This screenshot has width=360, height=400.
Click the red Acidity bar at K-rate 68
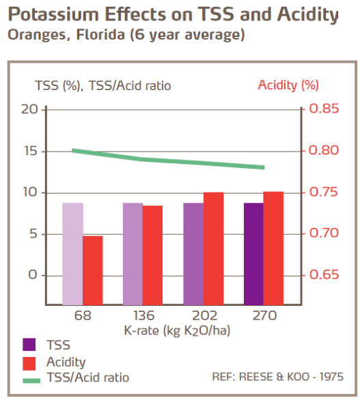coord(92,270)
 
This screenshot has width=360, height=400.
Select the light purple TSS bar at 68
coord(72,253)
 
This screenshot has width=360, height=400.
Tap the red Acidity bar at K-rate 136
coord(152,255)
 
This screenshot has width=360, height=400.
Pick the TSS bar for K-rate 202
coord(193,253)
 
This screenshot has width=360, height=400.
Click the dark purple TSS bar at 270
coord(253,253)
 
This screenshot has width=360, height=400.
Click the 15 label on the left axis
coord(29,151)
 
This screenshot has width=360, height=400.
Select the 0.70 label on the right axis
coord(324,233)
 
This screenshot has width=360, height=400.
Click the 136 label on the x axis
coord(143,316)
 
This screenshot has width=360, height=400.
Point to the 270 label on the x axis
coord(264,316)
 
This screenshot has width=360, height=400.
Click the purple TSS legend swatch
coord(29,345)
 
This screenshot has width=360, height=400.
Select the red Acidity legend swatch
coord(29,362)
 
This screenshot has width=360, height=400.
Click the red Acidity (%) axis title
coord(288,85)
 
